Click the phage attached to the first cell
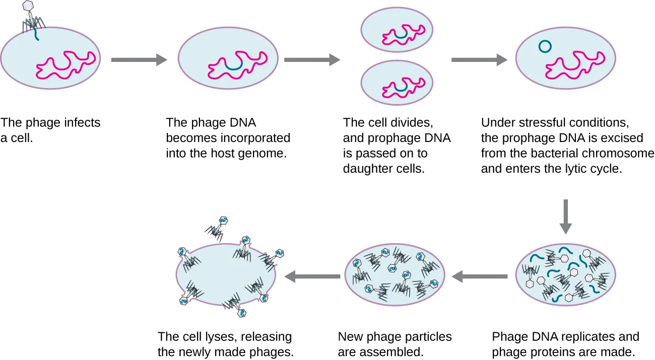coord(32,18)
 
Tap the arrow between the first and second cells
coord(139,60)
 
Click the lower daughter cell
coord(398,85)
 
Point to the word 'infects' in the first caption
coord(83,123)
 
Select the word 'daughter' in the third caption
coord(363,169)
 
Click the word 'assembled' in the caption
coord(397,352)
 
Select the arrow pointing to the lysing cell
coord(312,275)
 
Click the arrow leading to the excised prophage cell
coord(479,60)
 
